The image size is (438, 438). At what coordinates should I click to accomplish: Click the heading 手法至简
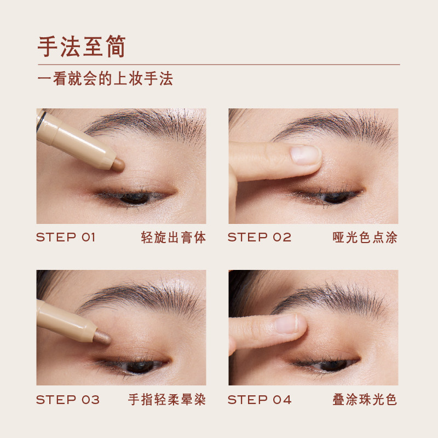[82, 47]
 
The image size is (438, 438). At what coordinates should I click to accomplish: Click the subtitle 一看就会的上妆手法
[105, 78]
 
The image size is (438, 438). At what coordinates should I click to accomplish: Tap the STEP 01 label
[66, 238]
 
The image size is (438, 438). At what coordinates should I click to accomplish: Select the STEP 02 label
[260, 238]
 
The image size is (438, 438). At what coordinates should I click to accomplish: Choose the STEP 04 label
[260, 400]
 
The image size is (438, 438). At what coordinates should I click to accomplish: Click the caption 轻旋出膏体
[174, 238]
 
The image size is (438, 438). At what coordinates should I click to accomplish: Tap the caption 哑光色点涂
[365, 238]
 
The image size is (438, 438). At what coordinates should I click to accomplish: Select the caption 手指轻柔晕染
[167, 400]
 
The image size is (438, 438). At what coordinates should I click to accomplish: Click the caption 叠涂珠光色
[365, 400]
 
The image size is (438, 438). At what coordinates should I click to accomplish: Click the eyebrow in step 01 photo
[148, 123]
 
